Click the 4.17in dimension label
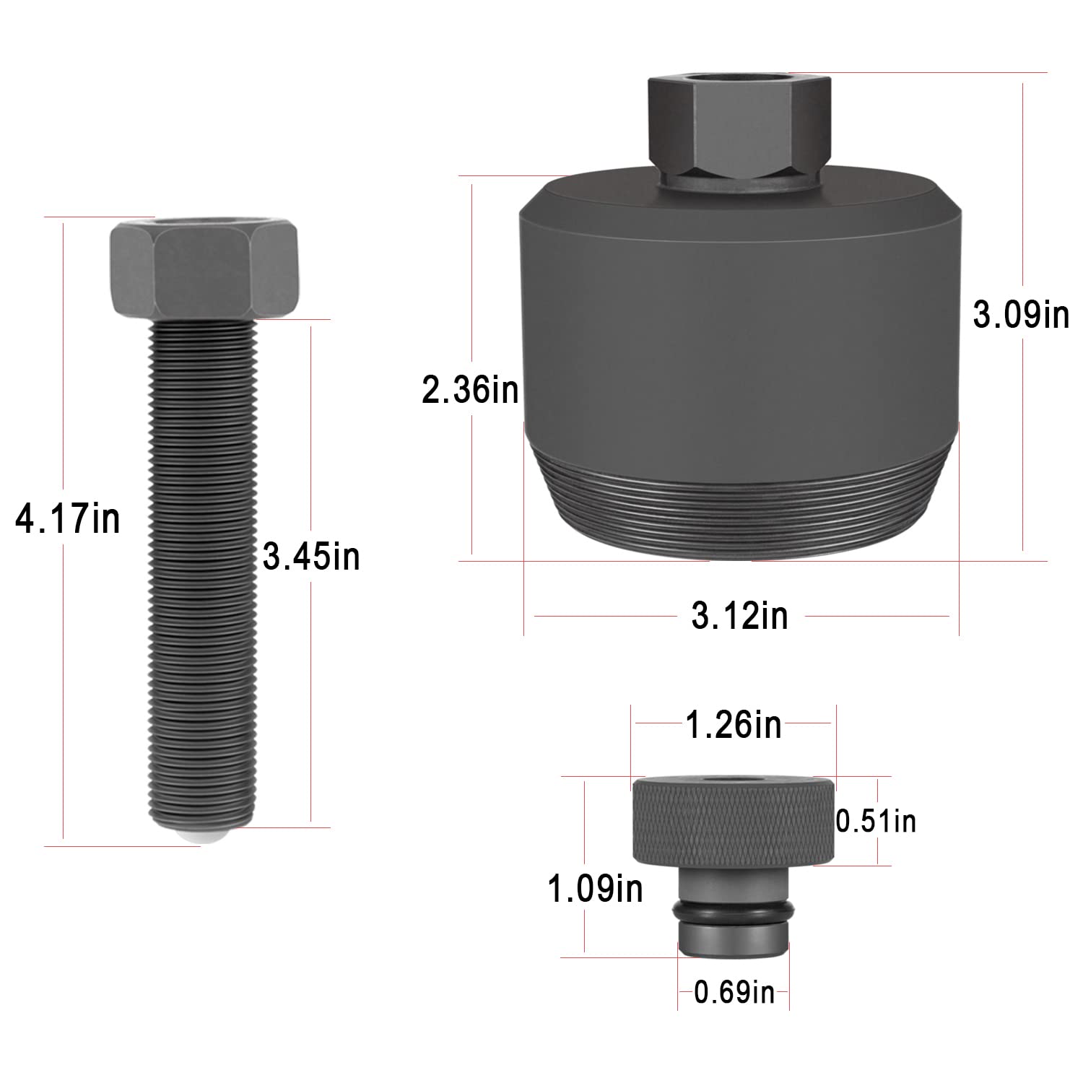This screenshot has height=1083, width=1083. pyautogui.click(x=68, y=519)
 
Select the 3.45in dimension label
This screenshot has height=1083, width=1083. pyautogui.click(x=311, y=557)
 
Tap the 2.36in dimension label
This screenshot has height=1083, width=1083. pyautogui.click(x=471, y=391)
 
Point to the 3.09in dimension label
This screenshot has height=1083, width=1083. pyautogui.click(x=1021, y=315)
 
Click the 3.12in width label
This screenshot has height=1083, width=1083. pyautogui.click(x=740, y=616)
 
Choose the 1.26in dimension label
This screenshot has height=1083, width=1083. pyautogui.click(x=733, y=725)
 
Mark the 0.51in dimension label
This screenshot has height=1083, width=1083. pyautogui.click(x=876, y=821)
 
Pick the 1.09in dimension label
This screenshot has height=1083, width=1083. pyautogui.click(x=596, y=888)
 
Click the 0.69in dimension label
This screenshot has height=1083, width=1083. pyautogui.click(x=734, y=992)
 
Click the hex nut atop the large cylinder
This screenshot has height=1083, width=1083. pyautogui.click(x=739, y=137)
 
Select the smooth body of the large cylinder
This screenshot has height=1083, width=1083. pyautogui.click(x=740, y=325)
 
